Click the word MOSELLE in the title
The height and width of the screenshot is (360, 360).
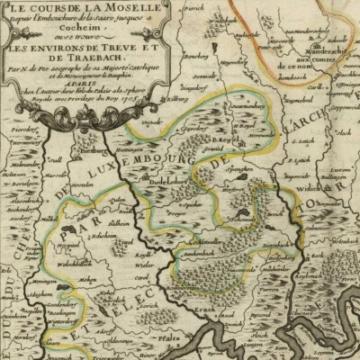pyautogui.click(x=101, y=9)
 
